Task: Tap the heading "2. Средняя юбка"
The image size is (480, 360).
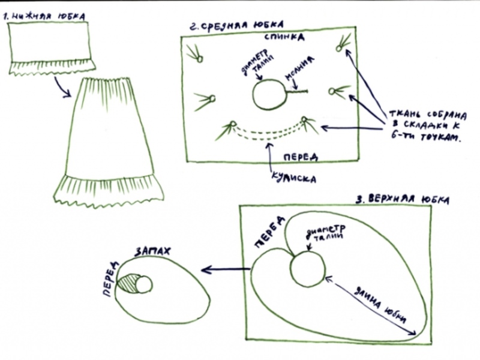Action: coord(234,26)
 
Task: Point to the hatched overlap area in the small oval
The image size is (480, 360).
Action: coord(130,283)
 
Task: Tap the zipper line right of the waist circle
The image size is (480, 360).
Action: coord(295,92)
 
